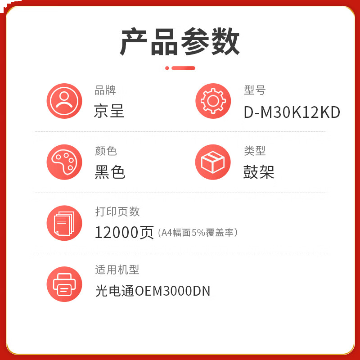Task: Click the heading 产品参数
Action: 180,42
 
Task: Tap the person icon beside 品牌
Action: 64,101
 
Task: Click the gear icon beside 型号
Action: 213,101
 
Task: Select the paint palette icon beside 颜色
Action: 64,162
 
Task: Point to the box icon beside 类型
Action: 213,162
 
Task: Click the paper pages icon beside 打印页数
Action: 64,223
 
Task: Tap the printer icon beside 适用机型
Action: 64,284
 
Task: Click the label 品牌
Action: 105,90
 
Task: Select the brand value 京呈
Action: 109,111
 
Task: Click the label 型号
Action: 255,90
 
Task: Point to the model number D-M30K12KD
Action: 292,112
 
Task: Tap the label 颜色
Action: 106,151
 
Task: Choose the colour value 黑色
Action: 110,172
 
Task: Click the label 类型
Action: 255,151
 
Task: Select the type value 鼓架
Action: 259,172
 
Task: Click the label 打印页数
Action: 117,211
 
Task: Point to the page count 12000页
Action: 124,233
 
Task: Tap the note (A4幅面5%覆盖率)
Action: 198,233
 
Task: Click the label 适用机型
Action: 117,270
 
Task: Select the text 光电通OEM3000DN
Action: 153,291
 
